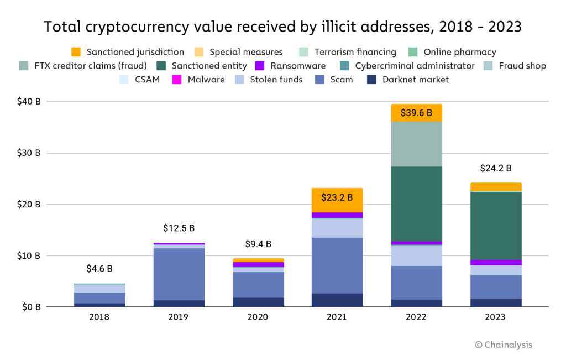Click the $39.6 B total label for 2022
[416, 113]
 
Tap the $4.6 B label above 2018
[99, 269]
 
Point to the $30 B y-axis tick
[29, 153]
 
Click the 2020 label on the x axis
[258, 317]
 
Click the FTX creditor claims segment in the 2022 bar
[416, 144]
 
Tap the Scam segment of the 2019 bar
[179, 274]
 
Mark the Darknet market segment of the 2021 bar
[337, 300]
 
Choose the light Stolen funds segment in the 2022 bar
[416, 255]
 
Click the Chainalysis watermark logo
[503, 345]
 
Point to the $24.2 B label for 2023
[495, 168]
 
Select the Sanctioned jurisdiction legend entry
[128, 52]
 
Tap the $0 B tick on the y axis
[30, 307]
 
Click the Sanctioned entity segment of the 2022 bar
[416, 204]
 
